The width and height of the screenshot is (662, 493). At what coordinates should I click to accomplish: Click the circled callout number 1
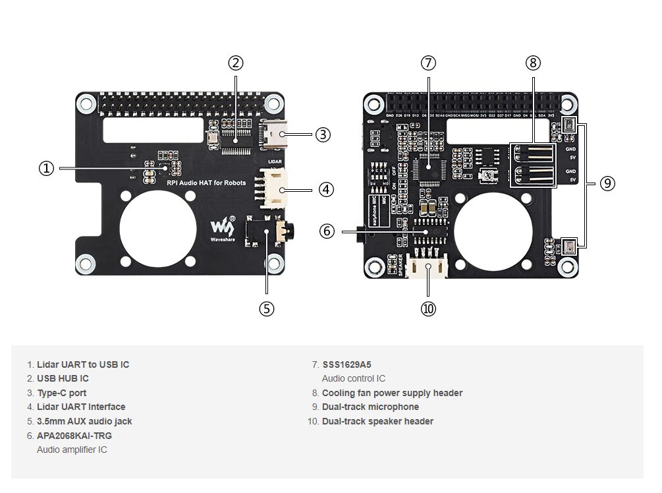pyautogui.click(x=46, y=169)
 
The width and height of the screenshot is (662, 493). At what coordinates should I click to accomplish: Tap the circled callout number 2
pyautogui.click(x=236, y=63)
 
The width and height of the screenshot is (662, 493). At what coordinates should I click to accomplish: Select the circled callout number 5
pyautogui.click(x=266, y=308)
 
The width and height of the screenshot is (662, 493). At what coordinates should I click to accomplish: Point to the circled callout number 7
pyautogui.click(x=428, y=63)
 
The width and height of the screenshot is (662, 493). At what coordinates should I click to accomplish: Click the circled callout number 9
pyautogui.click(x=607, y=184)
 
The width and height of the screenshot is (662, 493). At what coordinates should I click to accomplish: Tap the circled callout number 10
pyautogui.click(x=428, y=308)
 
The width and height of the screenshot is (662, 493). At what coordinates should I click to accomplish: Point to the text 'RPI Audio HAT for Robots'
pyautogui.click(x=206, y=183)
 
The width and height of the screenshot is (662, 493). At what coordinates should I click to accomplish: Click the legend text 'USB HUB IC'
pyautogui.click(x=63, y=378)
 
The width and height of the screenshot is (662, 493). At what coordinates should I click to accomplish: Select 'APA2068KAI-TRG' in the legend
pyautogui.click(x=74, y=436)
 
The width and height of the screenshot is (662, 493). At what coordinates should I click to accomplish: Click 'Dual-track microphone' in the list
pyautogui.click(x=370, y=407)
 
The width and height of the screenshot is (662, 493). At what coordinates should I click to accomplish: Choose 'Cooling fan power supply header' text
pyautogui.click(x=392, y=393)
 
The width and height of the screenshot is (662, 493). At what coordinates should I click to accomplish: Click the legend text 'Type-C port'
pyautogui.click(x=61, y=393)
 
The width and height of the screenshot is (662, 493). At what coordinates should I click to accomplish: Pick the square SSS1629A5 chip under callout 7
pyautogui.click(x=428, y=169)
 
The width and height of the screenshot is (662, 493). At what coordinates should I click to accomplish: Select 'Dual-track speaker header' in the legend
pyautogui.click(x=377, y=421)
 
